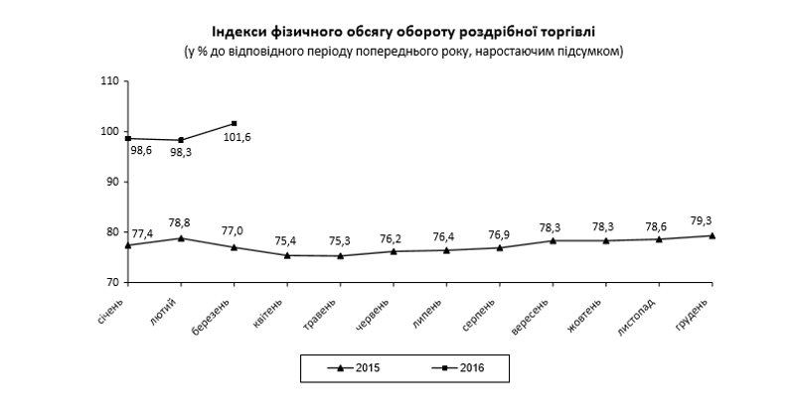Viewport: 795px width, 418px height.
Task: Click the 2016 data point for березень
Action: point(234,123)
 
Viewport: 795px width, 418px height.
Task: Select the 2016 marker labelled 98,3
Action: point(181,140)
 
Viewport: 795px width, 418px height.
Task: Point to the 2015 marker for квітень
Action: point(287,255)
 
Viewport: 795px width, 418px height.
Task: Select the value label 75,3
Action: point(341,240)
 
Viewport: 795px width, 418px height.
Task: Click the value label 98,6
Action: point(142,152)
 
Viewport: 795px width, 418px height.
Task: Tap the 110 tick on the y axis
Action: point(110,80)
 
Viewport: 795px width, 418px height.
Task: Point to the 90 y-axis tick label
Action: point(112,182)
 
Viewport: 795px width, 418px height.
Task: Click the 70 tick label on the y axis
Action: point(112,283)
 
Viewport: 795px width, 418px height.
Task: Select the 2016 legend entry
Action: point(455,368)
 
